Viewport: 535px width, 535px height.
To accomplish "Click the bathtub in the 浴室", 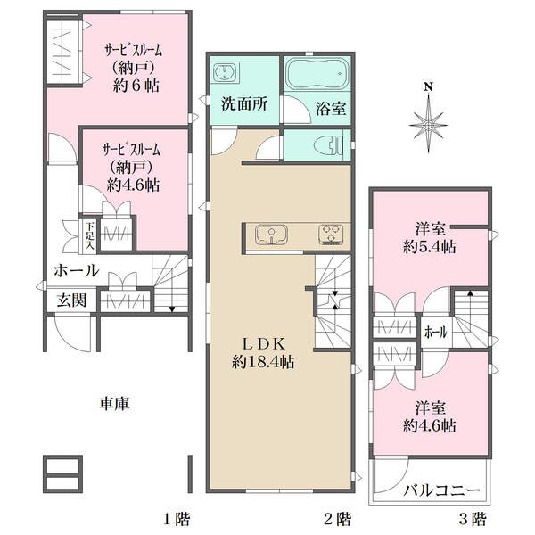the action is (x=316, y=73).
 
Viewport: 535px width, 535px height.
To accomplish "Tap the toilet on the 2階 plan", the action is (x=328, y=145).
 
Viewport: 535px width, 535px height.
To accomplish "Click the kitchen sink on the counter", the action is (x=271, y=235).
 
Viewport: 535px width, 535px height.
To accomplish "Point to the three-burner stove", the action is (x=331, y=235).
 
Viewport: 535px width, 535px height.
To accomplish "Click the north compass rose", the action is (x=428, y=125).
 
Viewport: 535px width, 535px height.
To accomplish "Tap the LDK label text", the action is (x=263, y=344).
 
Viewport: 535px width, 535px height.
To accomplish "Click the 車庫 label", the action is (x=115, y=404).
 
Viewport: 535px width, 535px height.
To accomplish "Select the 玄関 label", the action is (x=71, y=300).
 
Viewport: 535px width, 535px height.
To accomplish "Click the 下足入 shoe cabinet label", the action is (x=90, y=235).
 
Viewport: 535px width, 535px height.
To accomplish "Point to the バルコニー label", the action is (x=441, y=491).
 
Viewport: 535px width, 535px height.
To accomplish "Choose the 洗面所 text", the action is (x=244, y=103).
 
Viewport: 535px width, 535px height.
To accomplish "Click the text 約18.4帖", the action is (x=263, y=362).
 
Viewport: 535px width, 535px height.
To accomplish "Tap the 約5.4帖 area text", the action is (x=430, y=247).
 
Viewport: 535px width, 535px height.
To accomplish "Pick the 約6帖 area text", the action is (x=136, y=86).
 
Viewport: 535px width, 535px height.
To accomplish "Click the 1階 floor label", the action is (x=177, y=520).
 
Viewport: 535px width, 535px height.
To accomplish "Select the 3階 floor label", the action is (x=473, y=520).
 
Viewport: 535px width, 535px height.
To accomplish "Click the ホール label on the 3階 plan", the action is (x=436, y=332).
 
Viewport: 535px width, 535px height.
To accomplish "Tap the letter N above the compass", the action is (x=429, y=87).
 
